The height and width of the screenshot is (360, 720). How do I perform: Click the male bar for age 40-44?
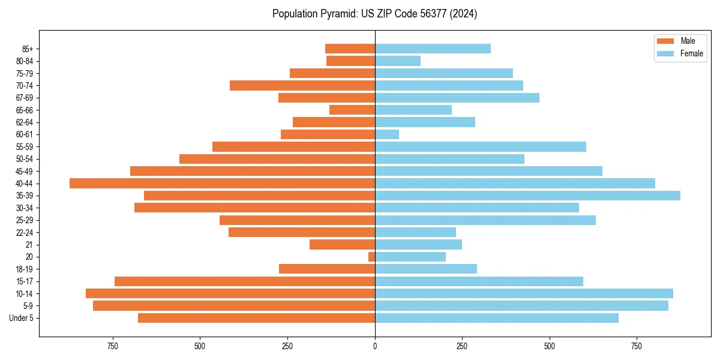[222, 184]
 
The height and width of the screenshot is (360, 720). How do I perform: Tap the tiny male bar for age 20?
[371, 257]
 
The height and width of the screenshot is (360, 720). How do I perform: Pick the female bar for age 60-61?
[387, 134]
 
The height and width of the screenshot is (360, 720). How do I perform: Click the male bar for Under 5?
[256, 318]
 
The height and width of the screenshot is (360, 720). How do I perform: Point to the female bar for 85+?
[433, 49]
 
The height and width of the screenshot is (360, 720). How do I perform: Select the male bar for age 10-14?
[230, 293]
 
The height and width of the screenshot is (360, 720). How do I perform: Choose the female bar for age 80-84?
[398, 61]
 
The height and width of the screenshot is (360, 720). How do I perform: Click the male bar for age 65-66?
[352, 110]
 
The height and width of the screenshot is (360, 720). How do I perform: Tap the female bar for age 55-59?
[480, 146]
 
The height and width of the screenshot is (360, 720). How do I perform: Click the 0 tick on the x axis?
[375, 346]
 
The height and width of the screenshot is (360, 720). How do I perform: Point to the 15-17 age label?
[25, 281]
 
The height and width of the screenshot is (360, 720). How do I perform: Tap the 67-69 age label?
[25, 98]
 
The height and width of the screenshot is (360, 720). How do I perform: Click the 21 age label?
[29, 245]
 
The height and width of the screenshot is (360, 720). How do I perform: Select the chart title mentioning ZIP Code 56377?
[374, 14]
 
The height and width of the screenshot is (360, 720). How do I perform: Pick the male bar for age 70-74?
[302, 85]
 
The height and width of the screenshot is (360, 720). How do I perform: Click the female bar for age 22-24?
[415, 232]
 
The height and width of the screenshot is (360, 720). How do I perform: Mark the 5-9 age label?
[28, 306]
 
